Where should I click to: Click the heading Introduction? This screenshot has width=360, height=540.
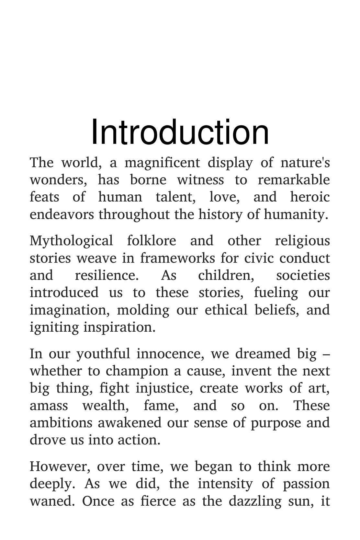tap(180, 132)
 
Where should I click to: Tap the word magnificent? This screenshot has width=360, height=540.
tap(162, 163)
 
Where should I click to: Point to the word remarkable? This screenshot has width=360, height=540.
tap(294, 180)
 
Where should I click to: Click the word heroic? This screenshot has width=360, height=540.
tap(310, 197)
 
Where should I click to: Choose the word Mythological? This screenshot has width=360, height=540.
tap(71, 241)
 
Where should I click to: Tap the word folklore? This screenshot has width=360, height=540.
tap(152, 241)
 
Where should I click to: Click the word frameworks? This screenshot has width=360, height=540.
tap(177, 258)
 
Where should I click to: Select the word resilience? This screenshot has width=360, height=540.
tap(107, 275)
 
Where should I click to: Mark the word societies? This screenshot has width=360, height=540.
tap(303, 275)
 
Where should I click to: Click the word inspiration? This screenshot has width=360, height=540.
tap(119, 327)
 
